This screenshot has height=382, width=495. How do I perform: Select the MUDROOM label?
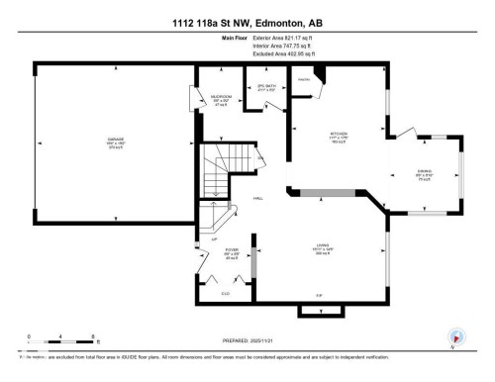coord(220,100)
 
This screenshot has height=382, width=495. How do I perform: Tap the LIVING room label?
coord(321,249)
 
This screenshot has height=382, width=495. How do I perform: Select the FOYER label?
coord(232,252)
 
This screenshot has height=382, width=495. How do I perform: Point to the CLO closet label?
coord(226,294)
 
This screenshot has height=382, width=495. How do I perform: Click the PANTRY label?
coord(305,79)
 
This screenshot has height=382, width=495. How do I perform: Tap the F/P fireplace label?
coord(319,297)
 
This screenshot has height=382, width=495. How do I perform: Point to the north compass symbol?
coord(456,337)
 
